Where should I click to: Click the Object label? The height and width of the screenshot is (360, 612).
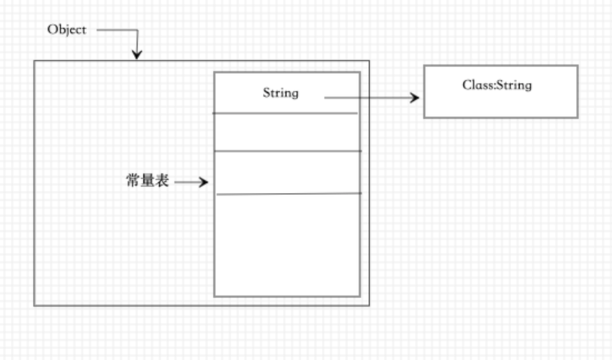click(x=66, y=30)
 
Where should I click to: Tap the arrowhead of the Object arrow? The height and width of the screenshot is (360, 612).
click(x=136, y=55)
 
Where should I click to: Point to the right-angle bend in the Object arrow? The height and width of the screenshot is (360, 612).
click(x=136, y=31)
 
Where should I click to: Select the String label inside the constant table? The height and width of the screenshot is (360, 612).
click(x=280, y=93)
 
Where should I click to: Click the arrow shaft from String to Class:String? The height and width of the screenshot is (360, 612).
click(x=367, y=97)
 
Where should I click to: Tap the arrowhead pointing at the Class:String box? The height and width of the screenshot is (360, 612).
click(x=415, y=97)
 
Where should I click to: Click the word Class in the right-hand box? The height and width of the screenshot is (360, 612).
click(x=477, y=85)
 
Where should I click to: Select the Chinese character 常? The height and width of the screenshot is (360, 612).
click(x=132, y=181)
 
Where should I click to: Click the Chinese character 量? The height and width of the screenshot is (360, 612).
click(x=148, y=181)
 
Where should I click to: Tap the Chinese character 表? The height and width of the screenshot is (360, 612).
click(x=162, y=181)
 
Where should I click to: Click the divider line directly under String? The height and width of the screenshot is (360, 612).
click(x=286, y=113)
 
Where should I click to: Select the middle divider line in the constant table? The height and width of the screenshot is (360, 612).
click(x=287, y=151)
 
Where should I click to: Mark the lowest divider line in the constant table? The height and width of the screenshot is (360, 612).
click(x=288, y=194)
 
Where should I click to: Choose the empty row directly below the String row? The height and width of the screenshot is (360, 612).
click(x=287, y=132)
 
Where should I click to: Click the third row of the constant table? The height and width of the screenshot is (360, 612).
click(x=287, y=173)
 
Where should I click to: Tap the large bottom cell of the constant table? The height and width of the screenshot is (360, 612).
click(x=287, y=245)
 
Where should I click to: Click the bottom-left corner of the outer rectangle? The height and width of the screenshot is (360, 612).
click(x=35, y=305)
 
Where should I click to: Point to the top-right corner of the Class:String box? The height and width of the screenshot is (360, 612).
click(x=577, y=66)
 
